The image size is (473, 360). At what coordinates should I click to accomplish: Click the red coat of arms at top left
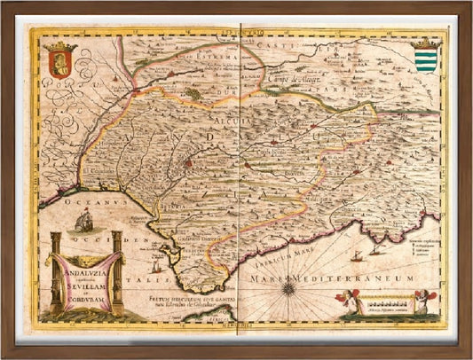pyautogui.click(x=60, y=65)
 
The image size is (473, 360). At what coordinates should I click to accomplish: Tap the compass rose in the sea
pyautogui.click(x=288, y=287)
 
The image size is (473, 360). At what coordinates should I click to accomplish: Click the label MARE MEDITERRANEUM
pyautogui.click(x=349, y=278)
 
